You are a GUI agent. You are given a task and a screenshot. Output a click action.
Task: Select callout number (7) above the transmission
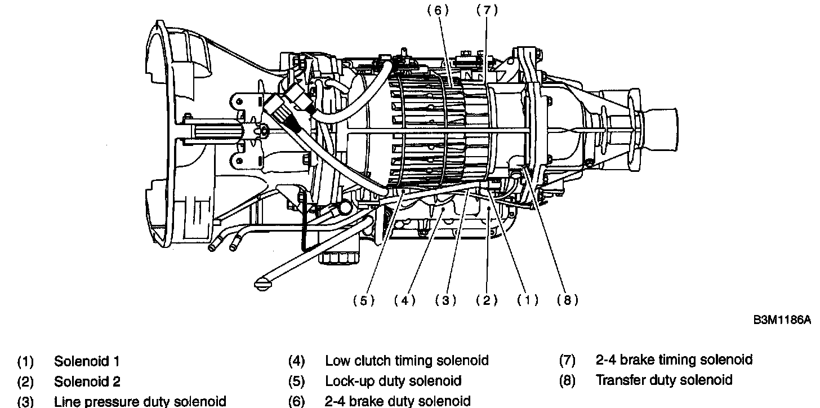[487, 11]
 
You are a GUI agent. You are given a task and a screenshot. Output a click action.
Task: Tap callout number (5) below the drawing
[364, 300]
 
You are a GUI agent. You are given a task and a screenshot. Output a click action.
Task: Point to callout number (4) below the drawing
[404, 300]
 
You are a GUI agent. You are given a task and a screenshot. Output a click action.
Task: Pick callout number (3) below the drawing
[445, 300]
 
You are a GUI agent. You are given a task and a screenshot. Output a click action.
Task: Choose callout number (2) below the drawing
[487, 300]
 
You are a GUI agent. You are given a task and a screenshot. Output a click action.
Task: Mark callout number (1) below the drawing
[528, 300]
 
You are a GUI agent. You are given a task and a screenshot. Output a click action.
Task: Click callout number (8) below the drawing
[568, 300]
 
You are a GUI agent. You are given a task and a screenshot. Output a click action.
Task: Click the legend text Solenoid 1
[87, 361]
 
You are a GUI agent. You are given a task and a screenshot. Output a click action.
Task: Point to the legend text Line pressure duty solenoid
[140, 401]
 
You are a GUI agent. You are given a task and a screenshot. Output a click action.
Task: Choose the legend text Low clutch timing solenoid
[407, 361]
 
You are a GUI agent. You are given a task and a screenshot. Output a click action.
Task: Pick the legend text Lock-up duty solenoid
[393, 381]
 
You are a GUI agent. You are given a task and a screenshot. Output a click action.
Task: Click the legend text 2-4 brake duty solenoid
[398, 401]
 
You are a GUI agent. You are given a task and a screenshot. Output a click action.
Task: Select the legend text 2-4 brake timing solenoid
[674, 360]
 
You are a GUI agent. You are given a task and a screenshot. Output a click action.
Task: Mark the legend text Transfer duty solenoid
[664, 380]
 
